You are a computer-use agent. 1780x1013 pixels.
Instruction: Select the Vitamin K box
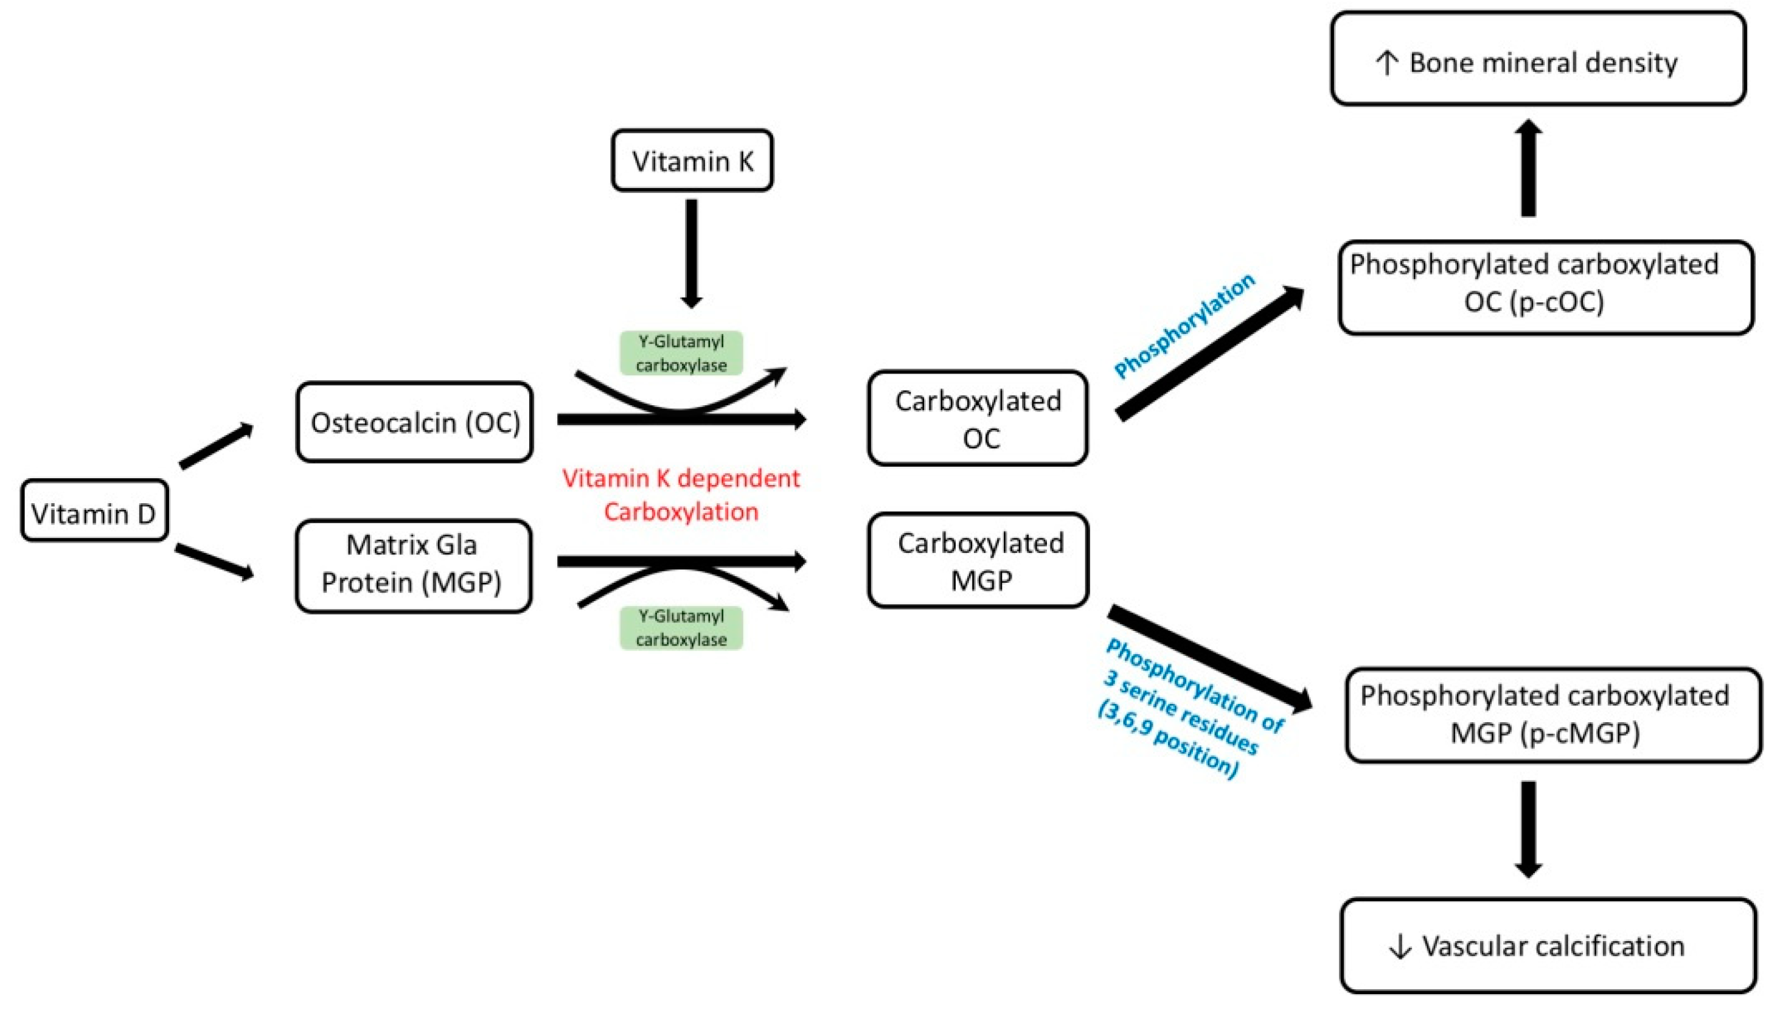pyautogui.click(x=692, y=161)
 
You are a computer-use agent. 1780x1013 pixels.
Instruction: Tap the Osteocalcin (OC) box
pyautogui.click(x=414, y=422)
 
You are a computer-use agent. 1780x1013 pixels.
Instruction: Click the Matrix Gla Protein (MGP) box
pyautogui.click(x=413, y=565)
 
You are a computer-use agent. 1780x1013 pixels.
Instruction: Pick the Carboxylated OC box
pyautogui.click(x=977, y=418)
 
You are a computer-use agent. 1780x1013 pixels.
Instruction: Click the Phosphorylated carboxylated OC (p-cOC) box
pyautogui.click(x=1546, y=287)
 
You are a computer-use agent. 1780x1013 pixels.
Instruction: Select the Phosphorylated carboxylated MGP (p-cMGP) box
pyautogui.click(x=1552, y=714)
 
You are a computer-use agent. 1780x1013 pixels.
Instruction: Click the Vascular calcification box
pyautogui.click(x=1548, y=945)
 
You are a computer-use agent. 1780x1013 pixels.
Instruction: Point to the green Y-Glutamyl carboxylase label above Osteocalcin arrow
pyautogui.click(x=681, y=353)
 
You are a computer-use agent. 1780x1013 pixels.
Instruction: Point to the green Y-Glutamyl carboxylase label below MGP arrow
pyautogui.click(x=681, y=627)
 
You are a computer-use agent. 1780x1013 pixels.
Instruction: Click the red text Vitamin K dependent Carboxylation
pyautogui.click(x=681, y=495)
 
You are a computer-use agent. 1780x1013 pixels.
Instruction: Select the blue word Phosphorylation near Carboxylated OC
pyautogui.click(x=1184, y=325)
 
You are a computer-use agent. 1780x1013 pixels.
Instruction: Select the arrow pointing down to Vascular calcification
pyautogui.click(x=1528, y=828)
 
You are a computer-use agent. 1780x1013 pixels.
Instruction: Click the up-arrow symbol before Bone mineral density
pyautogui.click(x=1386, y=63)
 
